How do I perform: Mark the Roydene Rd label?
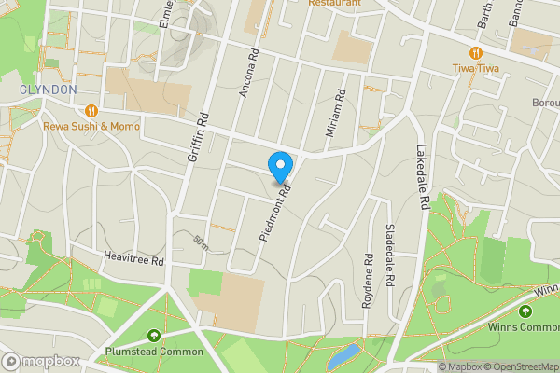pos(369,273)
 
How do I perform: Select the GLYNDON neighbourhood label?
pos(47,89)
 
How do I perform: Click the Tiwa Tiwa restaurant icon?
pos(476,52)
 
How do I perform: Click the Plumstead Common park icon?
pos(154,336)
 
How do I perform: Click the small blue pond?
pos(343,354)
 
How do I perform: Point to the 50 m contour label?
pos(200,242)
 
